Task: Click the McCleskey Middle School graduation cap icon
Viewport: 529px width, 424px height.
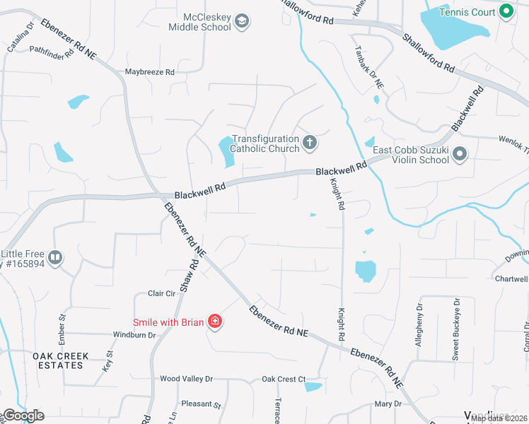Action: [242, 21]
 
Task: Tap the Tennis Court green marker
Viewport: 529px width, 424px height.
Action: [506, 11]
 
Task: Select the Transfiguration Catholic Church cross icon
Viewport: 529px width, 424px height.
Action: [309, 143]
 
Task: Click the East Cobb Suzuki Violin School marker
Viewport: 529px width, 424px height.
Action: [460, 153]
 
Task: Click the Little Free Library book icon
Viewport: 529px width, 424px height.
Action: [56, 258]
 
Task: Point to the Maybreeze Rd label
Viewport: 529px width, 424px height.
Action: [149, 72]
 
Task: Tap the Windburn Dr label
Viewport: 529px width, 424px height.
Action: [134, 334]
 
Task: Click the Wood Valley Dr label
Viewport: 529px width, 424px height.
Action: [186, 379]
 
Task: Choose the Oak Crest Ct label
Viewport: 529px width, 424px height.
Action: [284, 379]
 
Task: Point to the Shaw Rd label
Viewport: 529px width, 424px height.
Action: [185, 277]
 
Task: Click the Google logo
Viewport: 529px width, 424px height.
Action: [23, 416]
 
